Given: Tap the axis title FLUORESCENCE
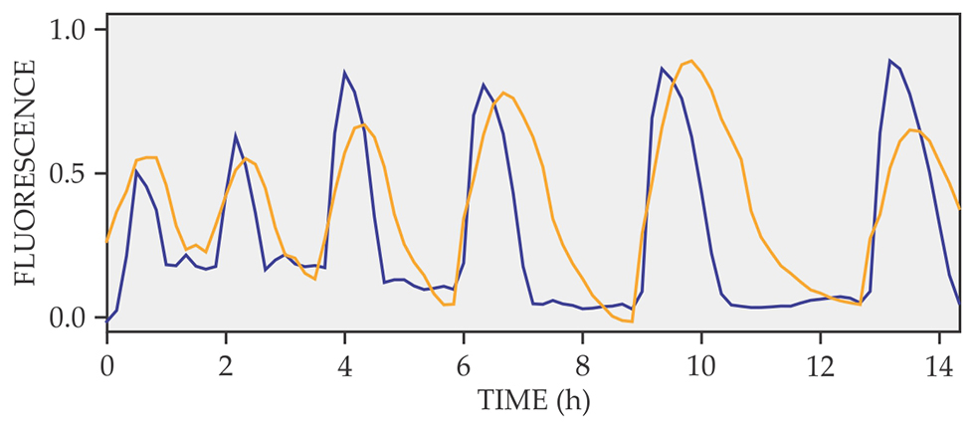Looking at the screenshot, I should click(x=26, y=174).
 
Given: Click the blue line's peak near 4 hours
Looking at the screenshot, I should click(x=344, y=73).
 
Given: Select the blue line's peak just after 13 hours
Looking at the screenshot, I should click(x=889, y=61).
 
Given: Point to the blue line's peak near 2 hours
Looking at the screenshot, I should click(x=236, y=135).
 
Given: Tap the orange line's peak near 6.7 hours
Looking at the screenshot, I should click(x=503, y=93).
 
